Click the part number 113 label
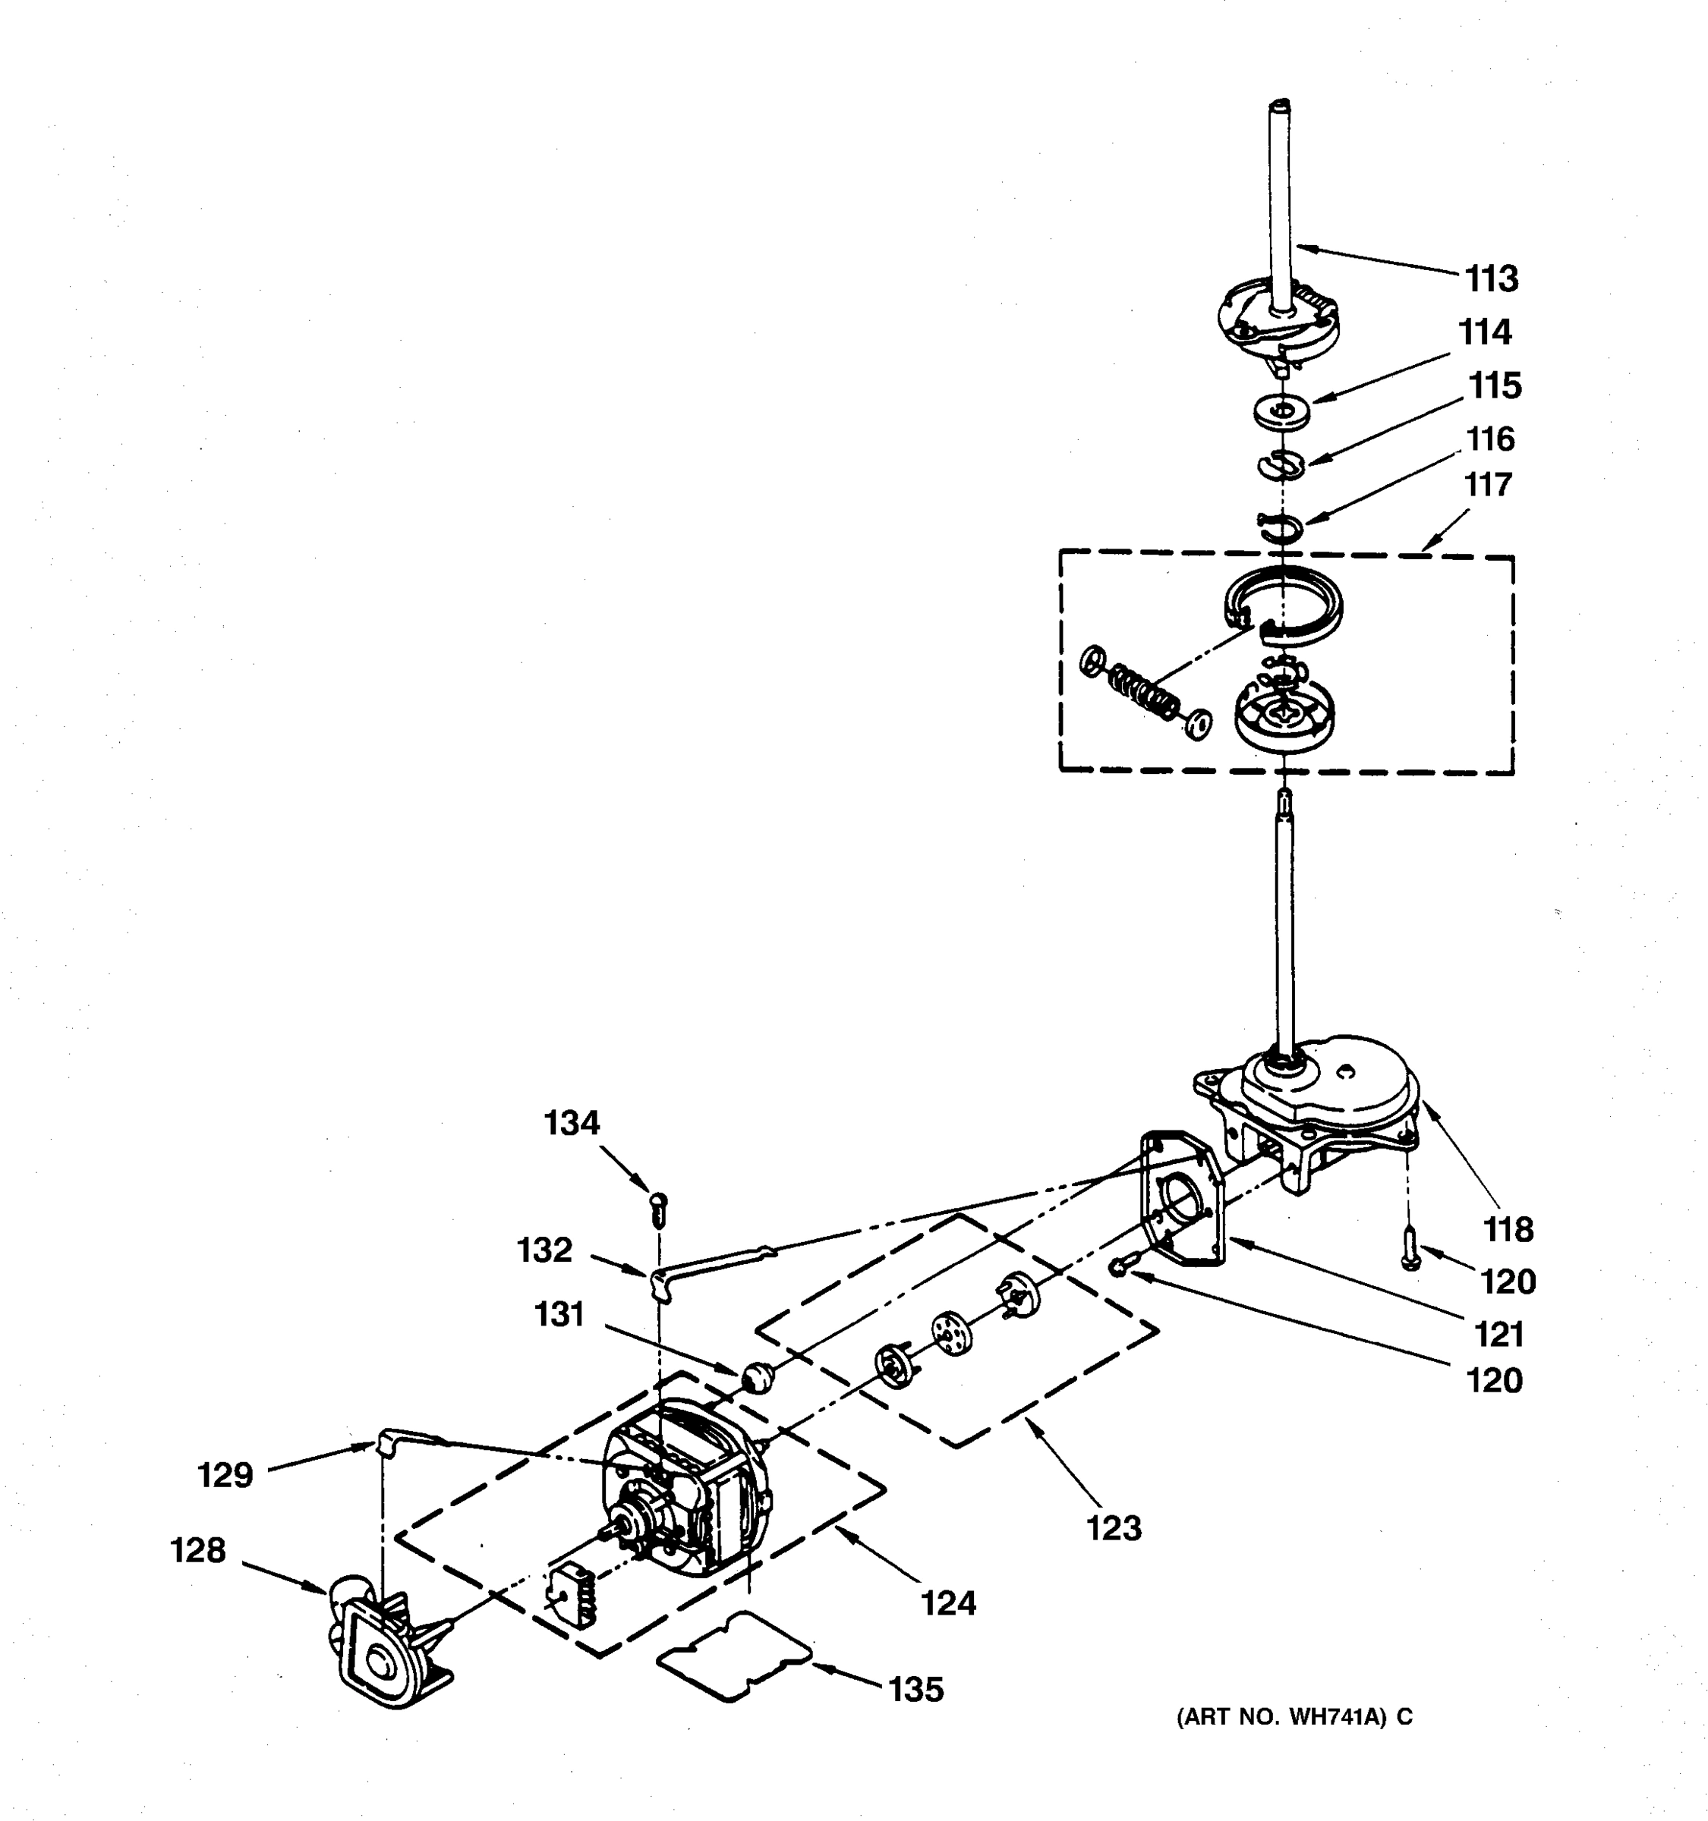tap(1491, 278)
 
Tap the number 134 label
tap(572, 1122)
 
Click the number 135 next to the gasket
tap(915, 1689)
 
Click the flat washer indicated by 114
tap(1282, 410)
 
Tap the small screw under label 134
tap(659, 1211)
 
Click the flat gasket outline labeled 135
tap(734, 1658)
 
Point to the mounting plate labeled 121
tap(1182, 1200)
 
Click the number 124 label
tap(948, 1603)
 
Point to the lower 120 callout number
tap(1495, 1380)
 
